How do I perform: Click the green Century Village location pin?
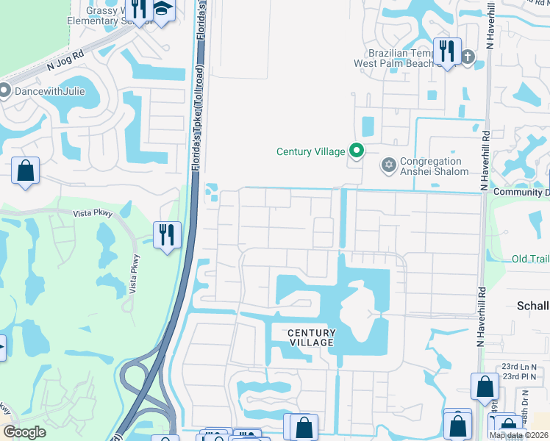(x=357, y=151)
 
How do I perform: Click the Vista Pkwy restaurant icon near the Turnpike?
(x=167, y=234)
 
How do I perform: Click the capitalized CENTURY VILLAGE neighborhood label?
(x=311, y=337)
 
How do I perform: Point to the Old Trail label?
(x=529, y=259)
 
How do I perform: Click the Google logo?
(x=25, y=432)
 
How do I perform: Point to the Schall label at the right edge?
(x=532, y=306)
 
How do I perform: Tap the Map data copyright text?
(x=518, y=435)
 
